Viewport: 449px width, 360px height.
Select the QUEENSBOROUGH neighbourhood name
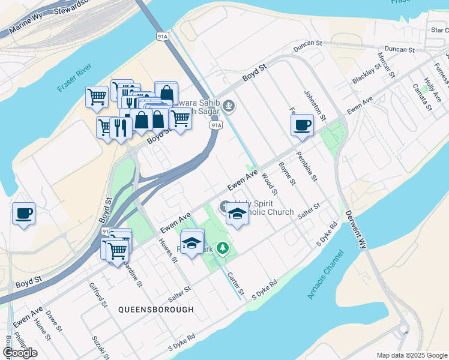[x=156, y=310]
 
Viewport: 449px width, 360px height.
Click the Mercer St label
[x=386, y=65]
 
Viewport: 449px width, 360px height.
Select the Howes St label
[x=167, y=251]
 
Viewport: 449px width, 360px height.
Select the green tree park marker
[x=223, y=247]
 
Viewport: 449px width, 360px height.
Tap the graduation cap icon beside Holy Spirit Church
[x=238, y=214]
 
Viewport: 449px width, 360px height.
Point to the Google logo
[x=20, y=353]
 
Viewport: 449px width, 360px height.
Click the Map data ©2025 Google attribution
[x=411, y=355]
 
